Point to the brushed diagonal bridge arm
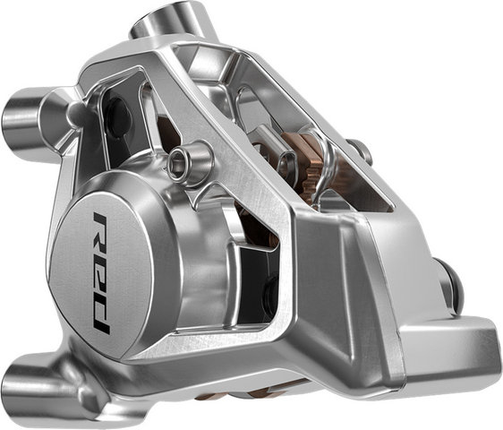tap(269, 179)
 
